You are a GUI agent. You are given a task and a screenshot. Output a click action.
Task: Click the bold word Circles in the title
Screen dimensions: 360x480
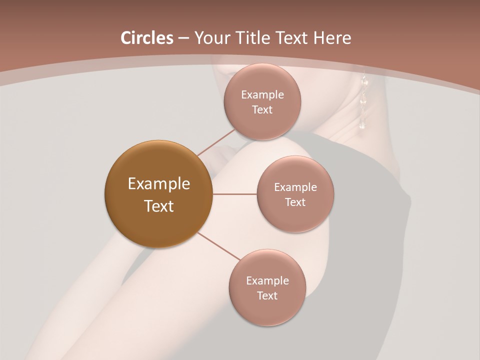tap(146, 38)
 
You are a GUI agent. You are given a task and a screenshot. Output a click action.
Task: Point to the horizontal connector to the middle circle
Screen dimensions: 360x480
tap(234, 194)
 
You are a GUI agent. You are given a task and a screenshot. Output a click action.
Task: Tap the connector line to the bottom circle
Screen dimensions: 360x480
tap(219, 247)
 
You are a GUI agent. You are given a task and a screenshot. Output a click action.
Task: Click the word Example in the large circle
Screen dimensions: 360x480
tap(158, 184)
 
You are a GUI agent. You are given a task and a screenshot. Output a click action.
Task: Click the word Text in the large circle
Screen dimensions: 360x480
tap(158, 206)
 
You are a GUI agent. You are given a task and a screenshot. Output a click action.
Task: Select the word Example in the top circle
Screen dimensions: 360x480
tap(262, 95)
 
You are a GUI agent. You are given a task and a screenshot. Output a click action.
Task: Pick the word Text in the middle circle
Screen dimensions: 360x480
tap(295, 202)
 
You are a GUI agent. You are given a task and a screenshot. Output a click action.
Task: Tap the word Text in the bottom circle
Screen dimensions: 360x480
tap(267, 296)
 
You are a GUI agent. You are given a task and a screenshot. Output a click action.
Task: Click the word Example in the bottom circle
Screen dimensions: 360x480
tap(267, 281)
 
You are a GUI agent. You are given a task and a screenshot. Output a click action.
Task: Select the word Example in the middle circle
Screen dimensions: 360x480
tap(295, 187)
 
